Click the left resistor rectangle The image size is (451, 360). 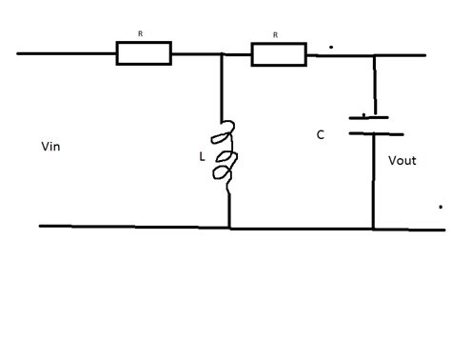tap(144, 53)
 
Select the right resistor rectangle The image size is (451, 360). tap(278, 53)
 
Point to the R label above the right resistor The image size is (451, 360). tap(276, 33)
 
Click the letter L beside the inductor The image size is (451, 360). tap(202, 152)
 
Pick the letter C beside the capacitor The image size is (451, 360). tap(321, 135)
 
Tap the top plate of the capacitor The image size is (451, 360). tap(369, 118)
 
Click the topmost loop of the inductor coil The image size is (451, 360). tap(229, 130)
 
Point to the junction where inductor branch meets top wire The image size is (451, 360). tap(222, 54)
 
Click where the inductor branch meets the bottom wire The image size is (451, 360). tap(229, 227)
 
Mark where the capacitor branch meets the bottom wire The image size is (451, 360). tap(373, 228)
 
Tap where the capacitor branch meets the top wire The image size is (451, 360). tap(374, 54)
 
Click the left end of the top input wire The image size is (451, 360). tap(19, 53)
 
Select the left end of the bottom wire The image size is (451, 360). tap(41, 226)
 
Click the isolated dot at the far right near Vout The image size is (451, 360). tap(440, 206)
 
